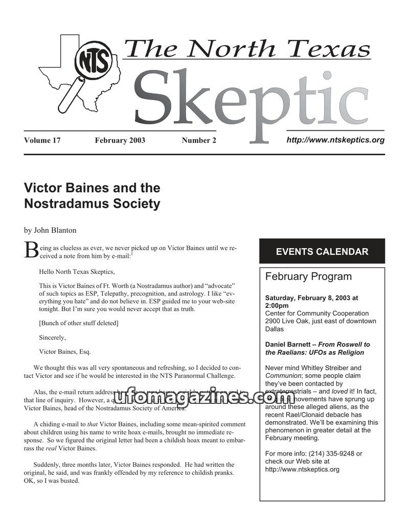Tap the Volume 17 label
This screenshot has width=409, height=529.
(x=42, y=140)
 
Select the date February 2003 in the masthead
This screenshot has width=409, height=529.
(x=120, y=140)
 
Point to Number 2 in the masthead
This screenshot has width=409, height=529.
(x=199, y=140)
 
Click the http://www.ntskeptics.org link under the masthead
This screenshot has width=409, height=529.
(x=335, y=139)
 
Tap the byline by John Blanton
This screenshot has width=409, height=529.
(x=50, y=230)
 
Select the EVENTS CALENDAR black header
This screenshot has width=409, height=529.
(x=322, y=251)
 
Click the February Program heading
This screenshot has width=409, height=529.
(x=308, y=277)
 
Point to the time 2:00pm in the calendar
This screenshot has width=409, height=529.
(x=277, y=305)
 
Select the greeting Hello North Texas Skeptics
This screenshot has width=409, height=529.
(x=77, y=272)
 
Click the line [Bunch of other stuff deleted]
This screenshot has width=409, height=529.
(x=79, y=323)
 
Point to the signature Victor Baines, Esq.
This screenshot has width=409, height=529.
(x=65, y=351)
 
